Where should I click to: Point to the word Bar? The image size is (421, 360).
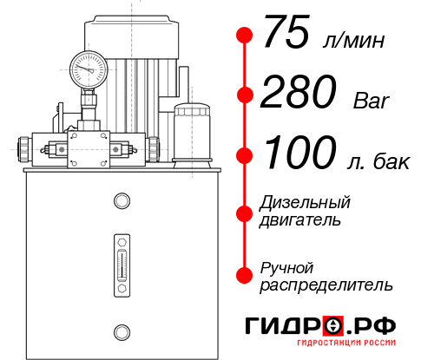pos(372,101)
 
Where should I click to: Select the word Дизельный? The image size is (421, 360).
pos(306,202)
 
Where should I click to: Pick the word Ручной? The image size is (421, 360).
pos(287,266)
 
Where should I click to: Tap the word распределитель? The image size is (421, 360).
pos(326,285)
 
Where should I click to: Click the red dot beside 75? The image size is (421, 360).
pos(245,36)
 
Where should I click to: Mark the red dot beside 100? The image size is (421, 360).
pos(245,155)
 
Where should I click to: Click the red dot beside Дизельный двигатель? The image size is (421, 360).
pos(245,212)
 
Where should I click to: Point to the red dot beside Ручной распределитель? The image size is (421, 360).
pos(245,275)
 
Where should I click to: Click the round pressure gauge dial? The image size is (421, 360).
pos(89,67)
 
